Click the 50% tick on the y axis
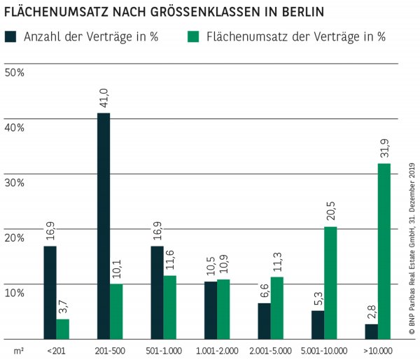(x=15, y=72)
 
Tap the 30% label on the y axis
(x=15, y=182)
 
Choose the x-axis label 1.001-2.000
(x=217, y=349)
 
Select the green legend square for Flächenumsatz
(x=195, y=36)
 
